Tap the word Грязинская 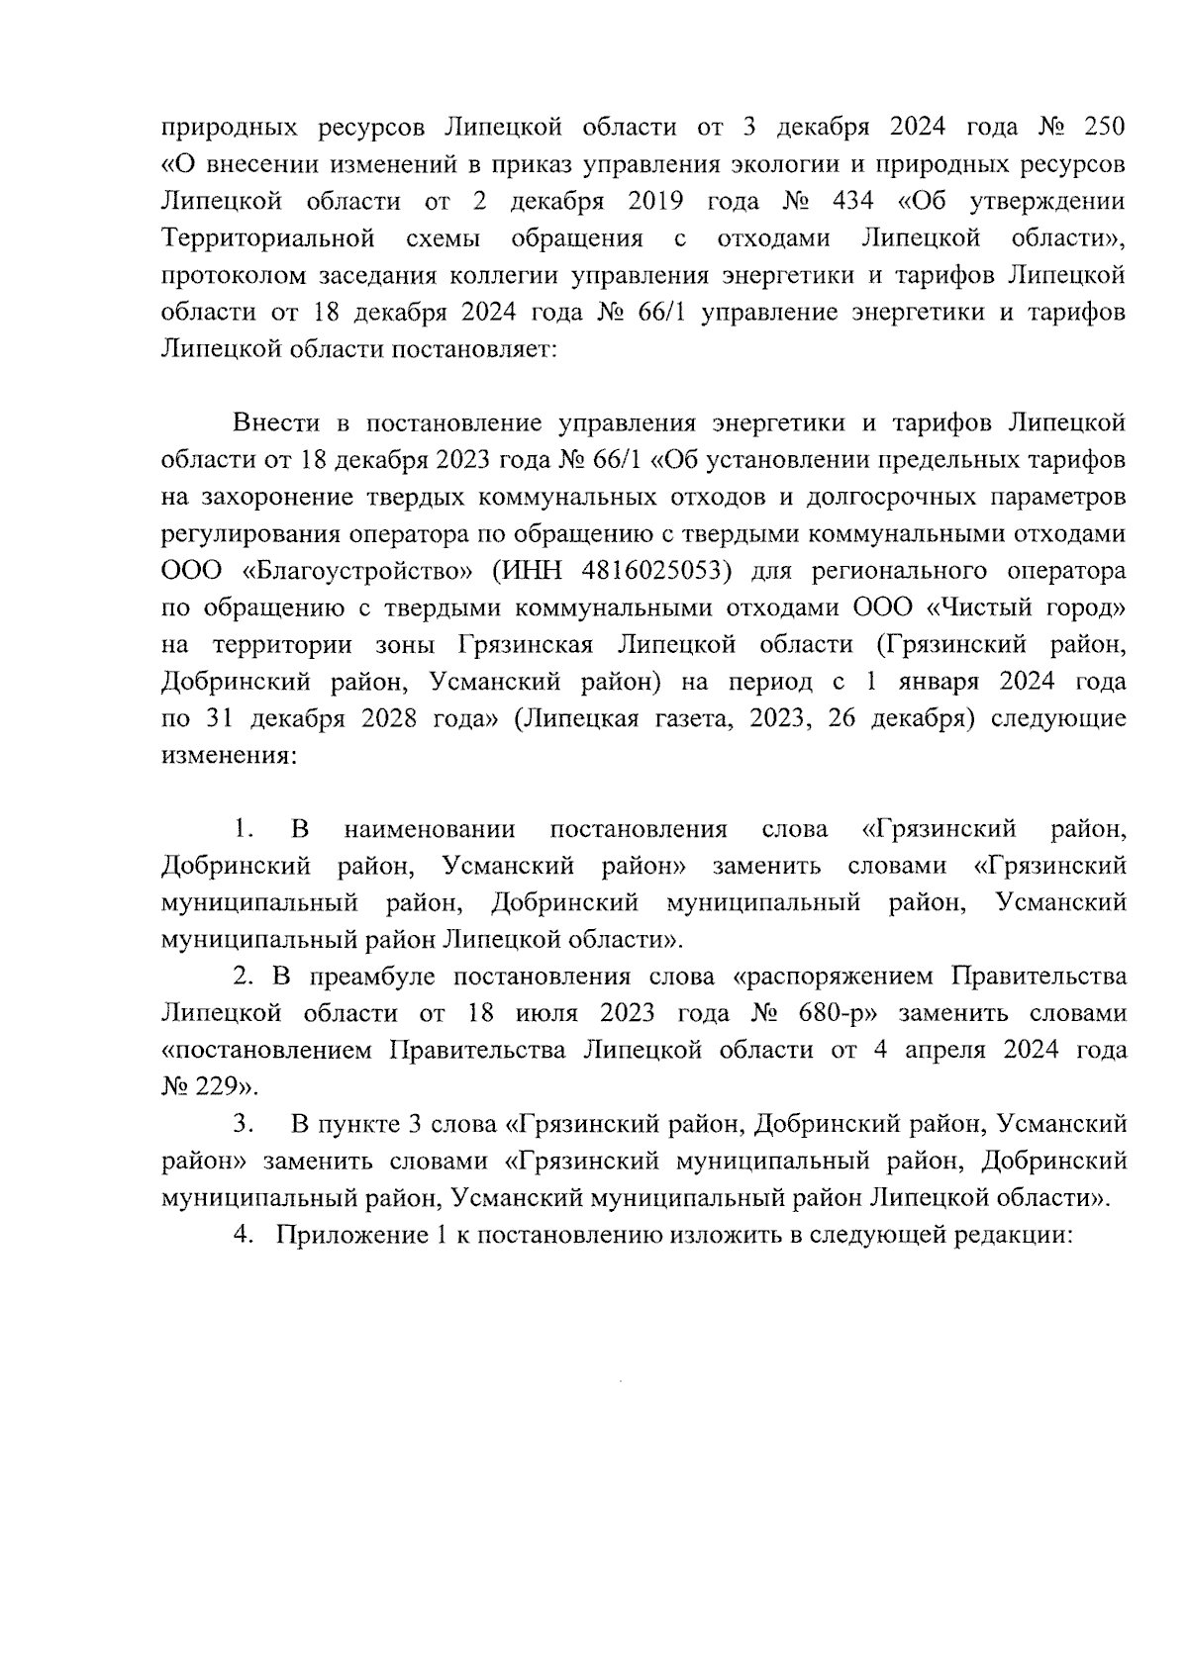pos(526,645)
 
